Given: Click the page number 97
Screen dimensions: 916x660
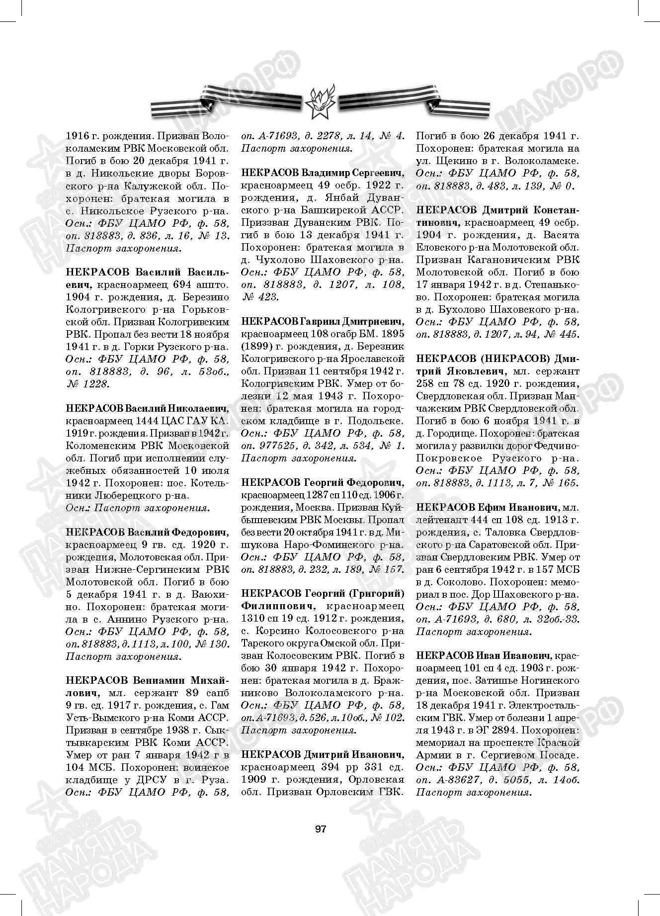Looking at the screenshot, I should pyautogui.click(x=321, y=828).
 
